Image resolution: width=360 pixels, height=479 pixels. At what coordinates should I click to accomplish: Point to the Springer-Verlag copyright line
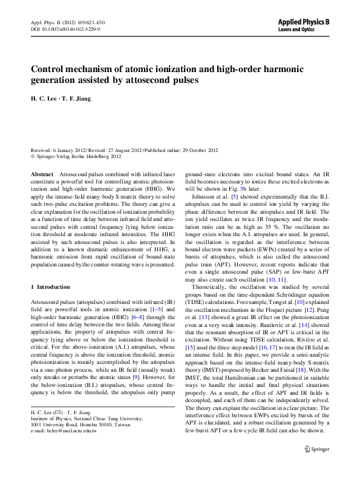click(78, 156)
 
